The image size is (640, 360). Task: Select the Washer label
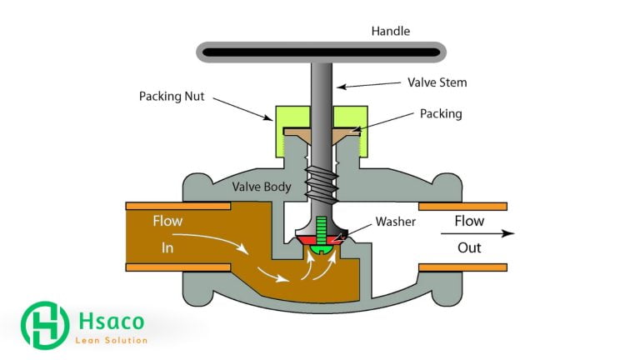click(395, 222)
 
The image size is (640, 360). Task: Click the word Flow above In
click(167, 222)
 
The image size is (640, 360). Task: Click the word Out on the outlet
click(469, 247)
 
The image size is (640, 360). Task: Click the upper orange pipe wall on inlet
click(177, 205)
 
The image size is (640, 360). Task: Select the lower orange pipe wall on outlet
click(462, 267)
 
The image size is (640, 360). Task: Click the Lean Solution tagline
click(111, 340)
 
